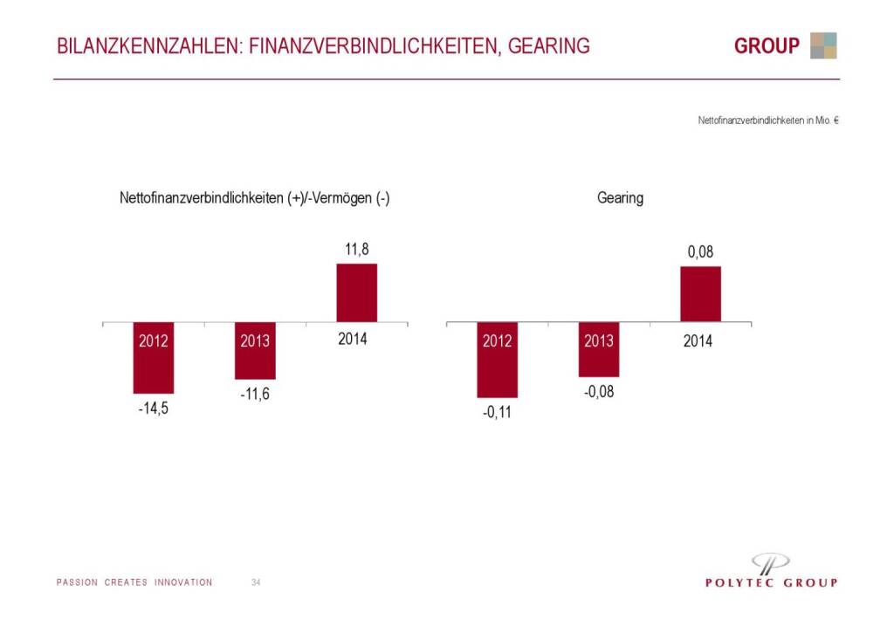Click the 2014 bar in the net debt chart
[357, 292]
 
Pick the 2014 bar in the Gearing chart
[700, 294]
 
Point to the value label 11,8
[357, 250]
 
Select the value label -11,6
[254, 395]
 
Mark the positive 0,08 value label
[700, 252]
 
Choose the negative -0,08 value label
[598, 392]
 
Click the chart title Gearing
[620, 198]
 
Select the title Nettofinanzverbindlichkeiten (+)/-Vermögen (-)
[254, 198]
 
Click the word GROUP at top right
[767, 46]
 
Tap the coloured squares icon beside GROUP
[822, 45]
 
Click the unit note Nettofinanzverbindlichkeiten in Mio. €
[768, 120]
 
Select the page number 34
[256, 582]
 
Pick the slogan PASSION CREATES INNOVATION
[134, 582]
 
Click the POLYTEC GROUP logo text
[771, 583]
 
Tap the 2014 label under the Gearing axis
[698, 341]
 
